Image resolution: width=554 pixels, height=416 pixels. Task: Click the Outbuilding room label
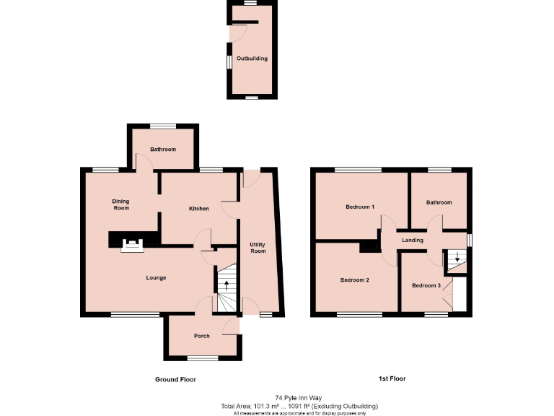pyautogui.click(x=252, y=58)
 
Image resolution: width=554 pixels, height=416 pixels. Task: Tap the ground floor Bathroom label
pyautogui.click(x=163, y=149)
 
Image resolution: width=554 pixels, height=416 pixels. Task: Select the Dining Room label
pyautogui.click(x=120, y=204)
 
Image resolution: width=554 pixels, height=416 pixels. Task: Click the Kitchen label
pyautogui.click(x=199, y=209)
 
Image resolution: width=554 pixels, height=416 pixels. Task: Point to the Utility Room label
pyautogui.click(x=258, y=248)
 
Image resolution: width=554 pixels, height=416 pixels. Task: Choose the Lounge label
pyautogui.click(x=156, y=277)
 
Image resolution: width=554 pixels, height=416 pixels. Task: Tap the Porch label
pyautogui.click(x=201, y=337)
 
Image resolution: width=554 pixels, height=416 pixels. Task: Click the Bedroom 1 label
pyautogui.click(x=360, y=207)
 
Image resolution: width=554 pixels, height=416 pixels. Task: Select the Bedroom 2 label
pyautogui.click(x=355, y=279)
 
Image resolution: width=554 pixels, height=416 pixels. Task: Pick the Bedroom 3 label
pyautogui.click(x=426, y=285)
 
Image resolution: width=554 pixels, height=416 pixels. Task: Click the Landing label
pyautogui.click(x=413, y=240)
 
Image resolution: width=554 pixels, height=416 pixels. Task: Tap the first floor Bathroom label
pyautogui.click(x=439, y=202)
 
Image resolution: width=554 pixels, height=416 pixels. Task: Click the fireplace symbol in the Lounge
pyautogui.click(x=132, y=246)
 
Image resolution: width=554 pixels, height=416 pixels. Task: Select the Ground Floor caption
pyautogui.click(x=175, y=379)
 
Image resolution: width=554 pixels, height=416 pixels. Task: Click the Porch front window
pyautogui.click(x=202, y=358)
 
